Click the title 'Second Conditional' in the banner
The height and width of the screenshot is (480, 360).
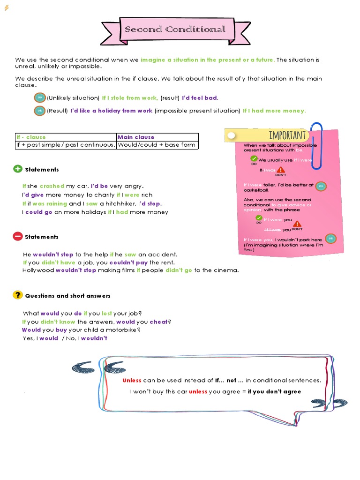pos(175,30)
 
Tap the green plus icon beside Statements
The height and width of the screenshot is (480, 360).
pos(18,169)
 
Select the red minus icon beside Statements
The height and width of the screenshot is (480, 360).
pos(18,236)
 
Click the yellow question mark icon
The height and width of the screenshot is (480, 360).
pos(18,295)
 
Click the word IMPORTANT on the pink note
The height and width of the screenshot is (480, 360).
pos(287,135)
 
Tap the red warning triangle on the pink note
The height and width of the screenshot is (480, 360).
pos(280,170)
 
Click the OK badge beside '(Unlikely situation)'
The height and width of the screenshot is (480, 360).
pos(40,97)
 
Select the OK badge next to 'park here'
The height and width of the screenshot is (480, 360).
pos(330,239)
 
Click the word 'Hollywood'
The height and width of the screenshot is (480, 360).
pos(38,270)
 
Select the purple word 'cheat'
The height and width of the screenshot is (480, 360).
pos(158,322)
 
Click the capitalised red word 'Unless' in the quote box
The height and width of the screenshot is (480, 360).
pos(132,381)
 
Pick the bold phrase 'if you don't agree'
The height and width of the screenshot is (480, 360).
pos(274,391)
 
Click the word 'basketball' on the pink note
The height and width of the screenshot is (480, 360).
pos(256,190)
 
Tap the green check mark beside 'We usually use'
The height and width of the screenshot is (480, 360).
pos(254,158)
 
